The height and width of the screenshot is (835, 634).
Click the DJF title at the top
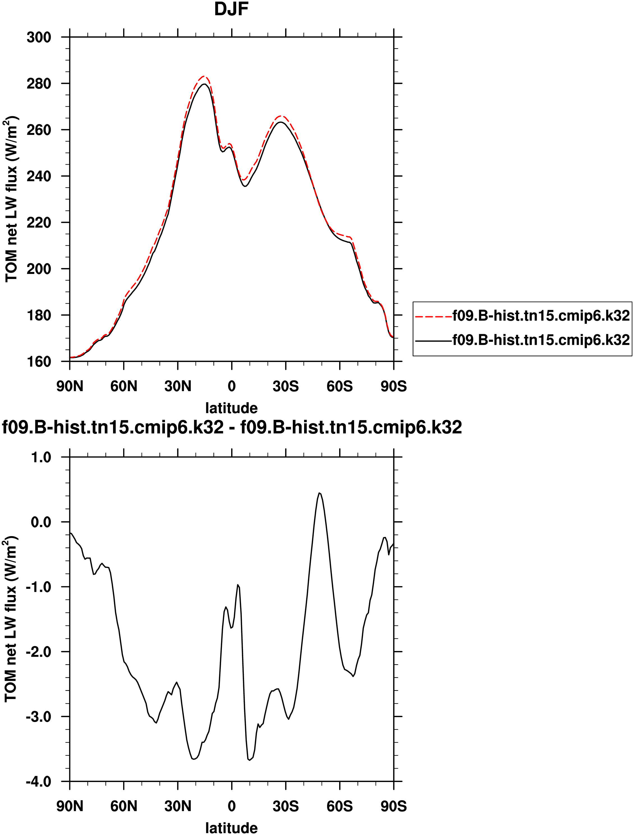coord(231,9)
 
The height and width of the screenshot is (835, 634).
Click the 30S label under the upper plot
coord(286,386)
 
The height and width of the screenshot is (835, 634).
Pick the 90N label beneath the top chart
coord(70,386)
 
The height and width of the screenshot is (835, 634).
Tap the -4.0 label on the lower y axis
coord(38,781)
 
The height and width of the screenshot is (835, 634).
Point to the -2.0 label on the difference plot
coord(38,652)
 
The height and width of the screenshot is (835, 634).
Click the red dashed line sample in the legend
coord(433,316)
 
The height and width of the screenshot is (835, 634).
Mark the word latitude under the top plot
coord(231,408)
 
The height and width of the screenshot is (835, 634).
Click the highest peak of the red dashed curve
coord(204,76)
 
